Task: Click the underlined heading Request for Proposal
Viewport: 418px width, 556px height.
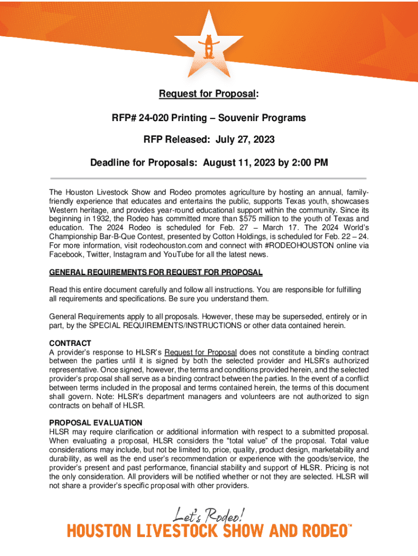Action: tap(206, 95)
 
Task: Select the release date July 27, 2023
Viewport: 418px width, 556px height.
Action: tap(245, 140)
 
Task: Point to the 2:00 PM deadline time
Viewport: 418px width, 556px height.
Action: tap(310, 162)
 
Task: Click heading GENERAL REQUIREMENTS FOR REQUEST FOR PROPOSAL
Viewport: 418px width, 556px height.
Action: tap(156, 272)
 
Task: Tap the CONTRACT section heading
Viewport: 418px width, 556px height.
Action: tap(71, 343)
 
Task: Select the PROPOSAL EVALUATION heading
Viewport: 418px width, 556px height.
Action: tap(96, 422)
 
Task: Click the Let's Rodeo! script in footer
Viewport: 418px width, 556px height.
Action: tap(210, 513)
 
